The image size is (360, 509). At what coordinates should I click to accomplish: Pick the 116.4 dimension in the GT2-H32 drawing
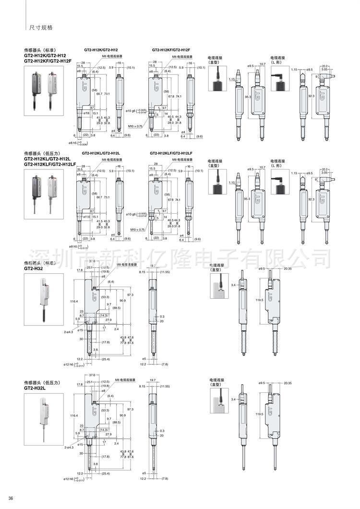(x=73, y=302)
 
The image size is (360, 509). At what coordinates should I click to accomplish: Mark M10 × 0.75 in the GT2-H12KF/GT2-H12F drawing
(x=135, y=126)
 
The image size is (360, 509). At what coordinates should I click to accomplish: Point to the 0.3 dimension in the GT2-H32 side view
(x=162, y=316)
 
